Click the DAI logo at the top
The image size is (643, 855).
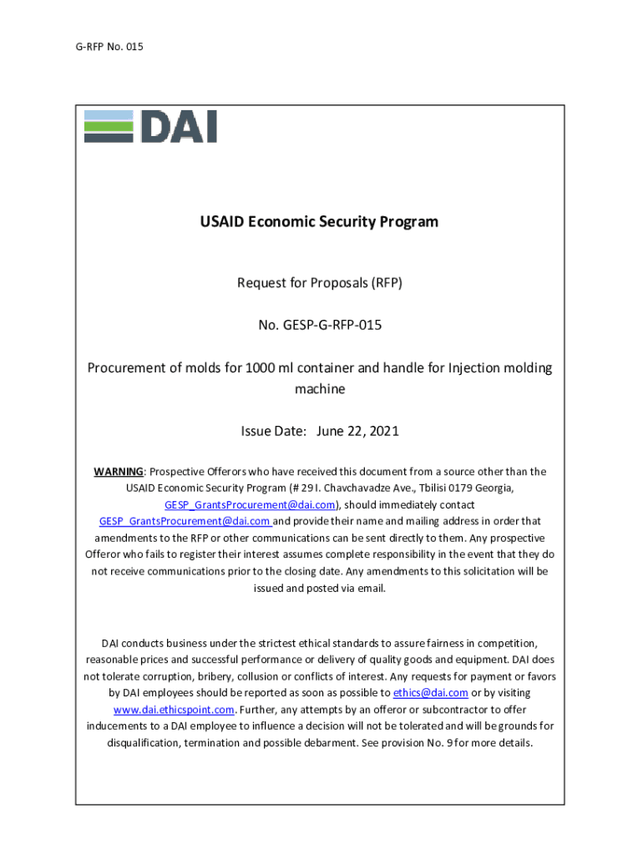click(x=150, y=126)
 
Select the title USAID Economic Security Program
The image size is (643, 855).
click(x=319, y=222)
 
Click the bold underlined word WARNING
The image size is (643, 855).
click(x=119, y=472)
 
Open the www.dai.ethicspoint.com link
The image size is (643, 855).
click(x=175, y=710)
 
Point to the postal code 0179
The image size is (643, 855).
click(x=433, y=488)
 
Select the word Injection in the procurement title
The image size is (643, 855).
click(x=476, y=368)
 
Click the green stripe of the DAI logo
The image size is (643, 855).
click(x=109, y=126)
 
